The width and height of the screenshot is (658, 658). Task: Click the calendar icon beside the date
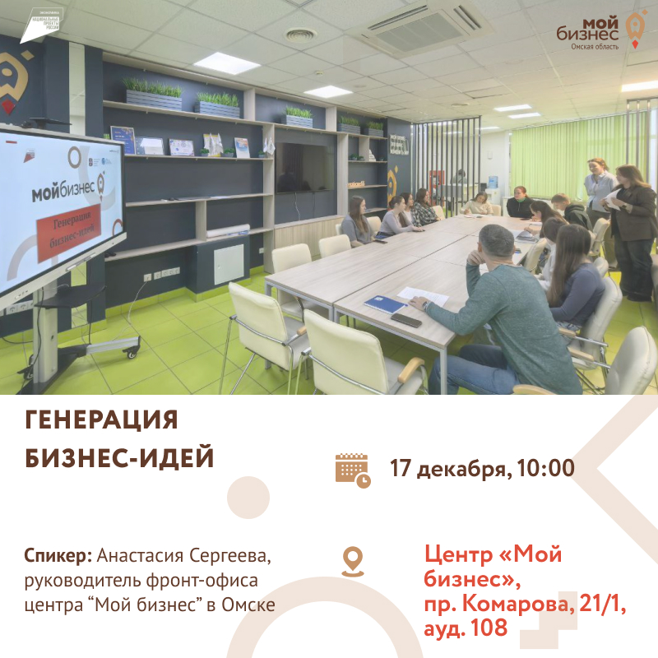click(x=352, y=470)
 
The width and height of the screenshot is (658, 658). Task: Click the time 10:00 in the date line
click(x=546, y=469)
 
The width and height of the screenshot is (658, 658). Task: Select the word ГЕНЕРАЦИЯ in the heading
click(x=102, y=420)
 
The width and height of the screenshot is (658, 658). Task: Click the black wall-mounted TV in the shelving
click(x=305, y=166)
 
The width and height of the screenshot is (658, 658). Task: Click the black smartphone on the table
click(x=405, y=319)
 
